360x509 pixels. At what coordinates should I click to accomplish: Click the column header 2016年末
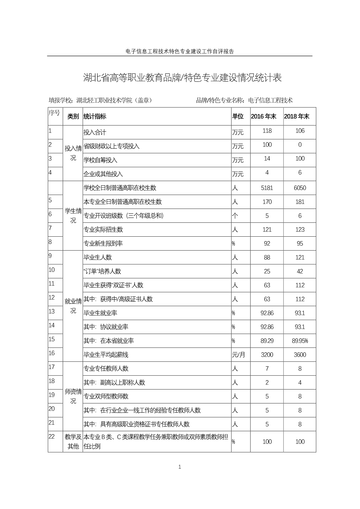(263, 117)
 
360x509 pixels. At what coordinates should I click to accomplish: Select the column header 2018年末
(297, 117)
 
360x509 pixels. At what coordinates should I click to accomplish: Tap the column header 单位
(238, 117)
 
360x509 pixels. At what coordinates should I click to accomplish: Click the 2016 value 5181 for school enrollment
(267, 188)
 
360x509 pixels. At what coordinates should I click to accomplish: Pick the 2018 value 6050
(300, 188)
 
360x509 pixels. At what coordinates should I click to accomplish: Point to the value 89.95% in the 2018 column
(300, 341)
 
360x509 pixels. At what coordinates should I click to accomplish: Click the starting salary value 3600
(300, 355)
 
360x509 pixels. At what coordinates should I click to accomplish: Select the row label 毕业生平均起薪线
(106, 355)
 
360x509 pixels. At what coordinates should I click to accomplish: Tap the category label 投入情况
(73, 153)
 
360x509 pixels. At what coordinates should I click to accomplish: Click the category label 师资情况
(73, 396)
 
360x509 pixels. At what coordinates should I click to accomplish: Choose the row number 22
(52, 436)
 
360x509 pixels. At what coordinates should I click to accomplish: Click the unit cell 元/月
(238, 355)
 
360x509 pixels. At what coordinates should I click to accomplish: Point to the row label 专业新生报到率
(103, 244)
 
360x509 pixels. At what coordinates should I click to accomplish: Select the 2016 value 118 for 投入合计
(267, 131)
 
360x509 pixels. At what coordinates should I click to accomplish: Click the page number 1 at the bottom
(180, 467)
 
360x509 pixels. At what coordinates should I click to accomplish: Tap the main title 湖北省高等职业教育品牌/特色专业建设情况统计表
(182, 78)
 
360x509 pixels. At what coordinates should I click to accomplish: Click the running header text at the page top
(180, 52)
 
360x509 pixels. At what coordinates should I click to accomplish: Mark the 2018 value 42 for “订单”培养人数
(300, 271)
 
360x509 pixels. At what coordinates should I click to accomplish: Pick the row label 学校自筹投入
(100, 160)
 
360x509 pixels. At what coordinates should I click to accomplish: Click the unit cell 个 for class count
(235, 216)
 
